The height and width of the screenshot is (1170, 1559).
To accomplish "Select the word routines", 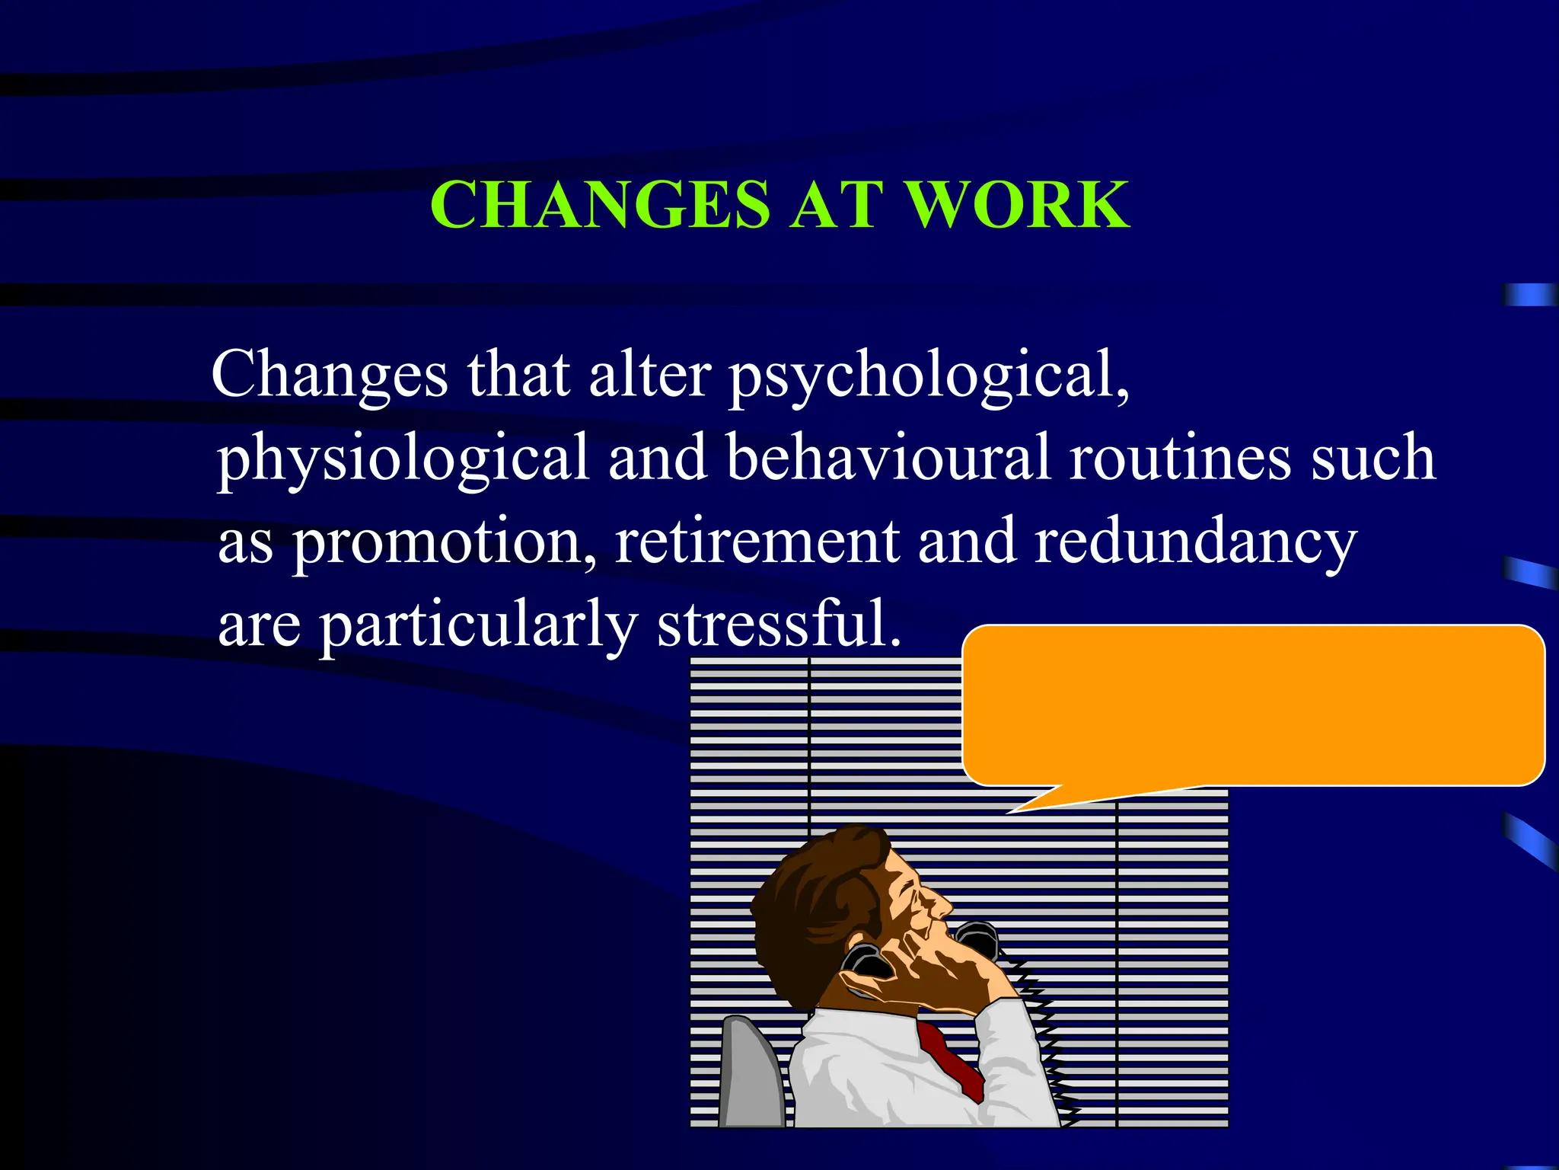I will tap(1180, 457).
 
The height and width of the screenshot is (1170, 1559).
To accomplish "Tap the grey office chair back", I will tap(750, 1074).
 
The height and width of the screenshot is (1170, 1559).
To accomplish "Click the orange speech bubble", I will tap(1252, 705).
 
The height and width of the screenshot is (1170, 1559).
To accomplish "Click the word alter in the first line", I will tap(649, 375).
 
